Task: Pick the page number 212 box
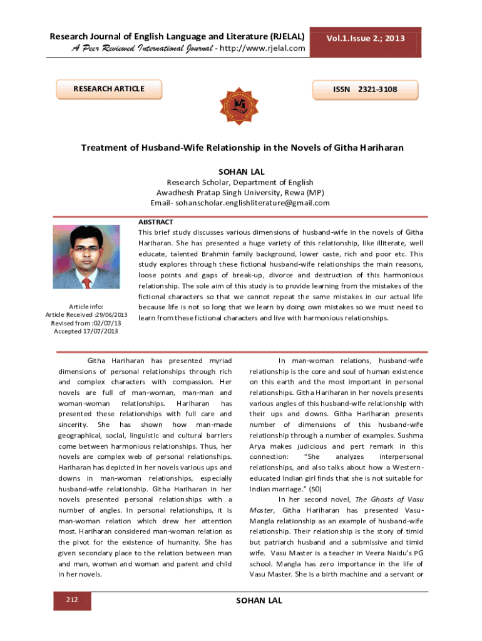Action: point(72,601)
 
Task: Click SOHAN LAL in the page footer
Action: point(259,601)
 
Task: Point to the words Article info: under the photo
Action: point(87,306)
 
